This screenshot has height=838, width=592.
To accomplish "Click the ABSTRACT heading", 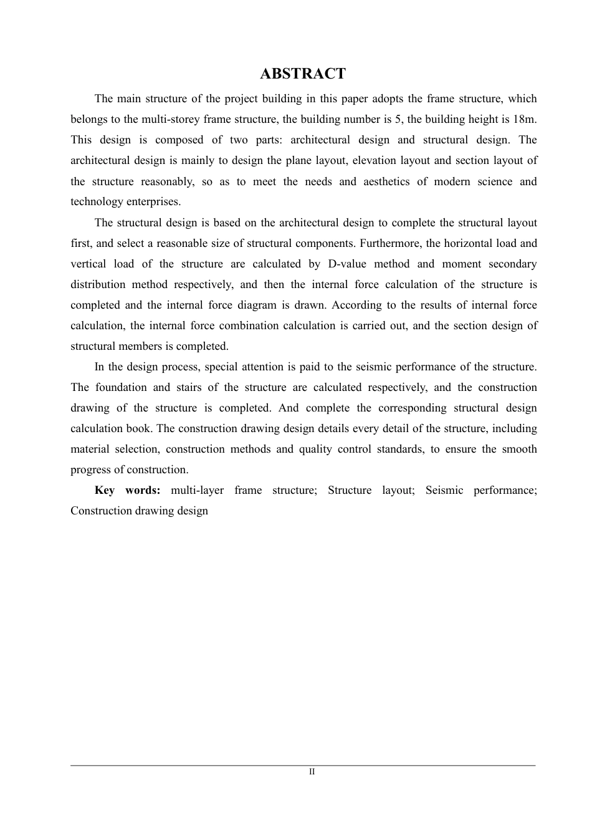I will (302, 74).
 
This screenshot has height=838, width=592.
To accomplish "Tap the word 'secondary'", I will (512, 264).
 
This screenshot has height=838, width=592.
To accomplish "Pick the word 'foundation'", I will (124, 387).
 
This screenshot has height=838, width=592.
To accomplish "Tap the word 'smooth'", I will (519, 449).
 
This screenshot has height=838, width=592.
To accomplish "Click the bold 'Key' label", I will (104, 490).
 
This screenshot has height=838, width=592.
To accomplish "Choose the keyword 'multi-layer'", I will (197, 490).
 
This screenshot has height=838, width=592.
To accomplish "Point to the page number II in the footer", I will (312, 771).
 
